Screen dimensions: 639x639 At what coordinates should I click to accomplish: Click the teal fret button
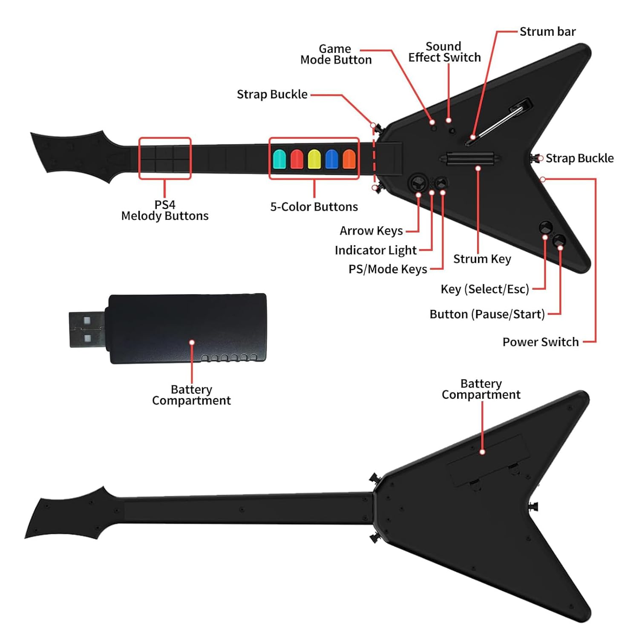click(x=279, y=159)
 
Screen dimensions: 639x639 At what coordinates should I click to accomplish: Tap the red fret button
click(x=297, y=159)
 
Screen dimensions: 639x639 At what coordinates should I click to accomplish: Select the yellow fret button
click(x=314, y=159)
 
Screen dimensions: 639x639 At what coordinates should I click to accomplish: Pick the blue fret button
click(x=331, y=159)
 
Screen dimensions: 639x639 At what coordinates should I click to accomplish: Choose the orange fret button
click(x=349, y=159)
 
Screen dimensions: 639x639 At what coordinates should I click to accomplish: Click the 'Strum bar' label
click(x=547, y=32)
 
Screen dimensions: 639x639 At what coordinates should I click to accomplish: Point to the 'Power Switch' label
click(x=540, y=342)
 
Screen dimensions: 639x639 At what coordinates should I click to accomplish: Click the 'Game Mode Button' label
click(x=336, y=55)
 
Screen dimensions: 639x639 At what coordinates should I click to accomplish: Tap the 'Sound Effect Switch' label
click(x=444, y=52)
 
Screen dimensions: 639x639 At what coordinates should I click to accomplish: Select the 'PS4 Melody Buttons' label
click(x=165, y=210)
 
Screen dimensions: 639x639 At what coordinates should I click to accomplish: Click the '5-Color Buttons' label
click(x=314, y=207)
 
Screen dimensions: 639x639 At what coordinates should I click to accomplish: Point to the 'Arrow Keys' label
click(x=371, y=231)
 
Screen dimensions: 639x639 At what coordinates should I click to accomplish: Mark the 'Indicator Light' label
click(x=375, y=250)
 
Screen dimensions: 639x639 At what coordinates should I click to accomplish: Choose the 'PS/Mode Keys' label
click(x=388, y=269)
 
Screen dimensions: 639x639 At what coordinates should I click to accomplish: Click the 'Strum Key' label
click(x=482, y=259)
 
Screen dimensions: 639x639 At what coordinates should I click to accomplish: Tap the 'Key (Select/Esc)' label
click(x=485, y=289)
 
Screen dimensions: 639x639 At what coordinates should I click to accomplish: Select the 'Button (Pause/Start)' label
click(x=487, y=314)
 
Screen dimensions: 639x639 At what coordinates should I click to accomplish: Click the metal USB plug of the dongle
click(x=86, y=329)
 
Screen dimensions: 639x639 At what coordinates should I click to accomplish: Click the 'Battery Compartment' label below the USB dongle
click(x=191, y=395)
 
